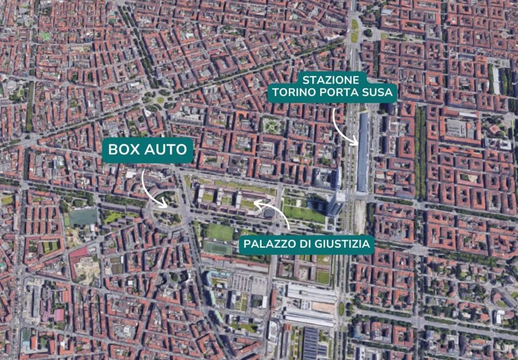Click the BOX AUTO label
pyautogui.click(x=148, y=150)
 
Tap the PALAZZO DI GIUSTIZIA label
pyautogui.click(x=308, y=245)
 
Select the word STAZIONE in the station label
pyautogui.click(x=332, y=80)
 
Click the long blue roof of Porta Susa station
pyautogui.click(x=363, y=152)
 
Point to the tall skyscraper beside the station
pyautogui.click(x=335, y=202)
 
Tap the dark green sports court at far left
pyautogui.click(x=83, y=217)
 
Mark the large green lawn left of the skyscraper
pyautogui.click(x=304, y=213)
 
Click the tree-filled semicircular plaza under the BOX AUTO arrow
pyautogui.click(x=164, y=212)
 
